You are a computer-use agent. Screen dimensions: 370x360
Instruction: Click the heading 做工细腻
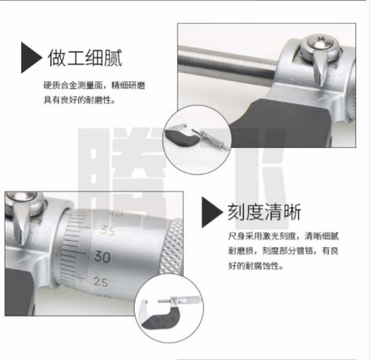click(x=85, y=58)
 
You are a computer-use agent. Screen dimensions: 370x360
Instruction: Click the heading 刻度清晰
click(x=265, y=212)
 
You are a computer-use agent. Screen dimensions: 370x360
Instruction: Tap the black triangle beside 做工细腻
click(x=31, y=57)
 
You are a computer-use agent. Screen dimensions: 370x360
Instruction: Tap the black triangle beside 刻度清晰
click(x=212, y=212)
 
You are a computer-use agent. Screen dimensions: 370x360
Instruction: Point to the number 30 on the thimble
click(x=102, y=256)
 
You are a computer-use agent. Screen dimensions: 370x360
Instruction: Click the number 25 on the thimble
click(x=101, y=282)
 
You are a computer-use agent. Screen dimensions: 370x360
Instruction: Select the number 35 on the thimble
click(x=107, y=231)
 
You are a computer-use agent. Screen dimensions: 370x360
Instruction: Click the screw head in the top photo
click(x=320, y=46)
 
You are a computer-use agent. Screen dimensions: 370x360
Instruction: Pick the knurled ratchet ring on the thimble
click(x=171, y=247)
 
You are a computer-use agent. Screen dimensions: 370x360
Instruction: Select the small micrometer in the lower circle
click(x=169, y=313)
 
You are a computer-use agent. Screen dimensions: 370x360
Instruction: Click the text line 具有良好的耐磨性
click(x=80, y=100)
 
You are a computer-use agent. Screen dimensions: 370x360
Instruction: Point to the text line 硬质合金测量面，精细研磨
click(x=94, y=86)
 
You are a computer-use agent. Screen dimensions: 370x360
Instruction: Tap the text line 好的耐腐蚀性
click(x=255, y=266)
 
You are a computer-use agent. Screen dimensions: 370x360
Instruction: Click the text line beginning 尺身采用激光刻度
click(x=284, y=236)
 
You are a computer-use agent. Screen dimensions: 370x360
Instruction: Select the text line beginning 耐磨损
click(x=284, y=251)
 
